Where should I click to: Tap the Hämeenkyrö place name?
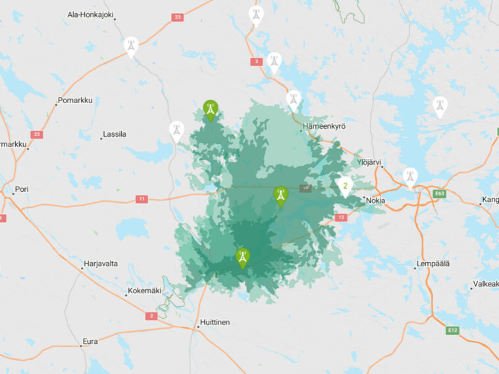pyautogui.click(x=324, y=126)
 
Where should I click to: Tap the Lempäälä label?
pyautogui.click(x=433, y=264)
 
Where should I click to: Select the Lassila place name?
pyautogui.click(x=114, y=134)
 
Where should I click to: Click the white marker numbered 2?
pyautogui.click(x=344, y=187)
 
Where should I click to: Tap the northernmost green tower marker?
pyautogui.click(x=210, y=110)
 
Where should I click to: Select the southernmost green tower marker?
pyautogui.click(x=243, y=257)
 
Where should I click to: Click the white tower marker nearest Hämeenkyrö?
pyautogui.click(x=294, y=100)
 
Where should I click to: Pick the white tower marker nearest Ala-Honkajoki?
pyautogui.click(x=131, y=46)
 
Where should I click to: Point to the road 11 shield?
pyautogui.click(x=141, y=199)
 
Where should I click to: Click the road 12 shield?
pyautogui.click(x=340, y=217)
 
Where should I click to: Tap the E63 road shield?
pyautogui.click(x=439, y=193)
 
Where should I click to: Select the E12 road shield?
pyautogui.click(x=452, y=330)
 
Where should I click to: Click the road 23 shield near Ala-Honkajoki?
pyautogui.click(x=177, y=17)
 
